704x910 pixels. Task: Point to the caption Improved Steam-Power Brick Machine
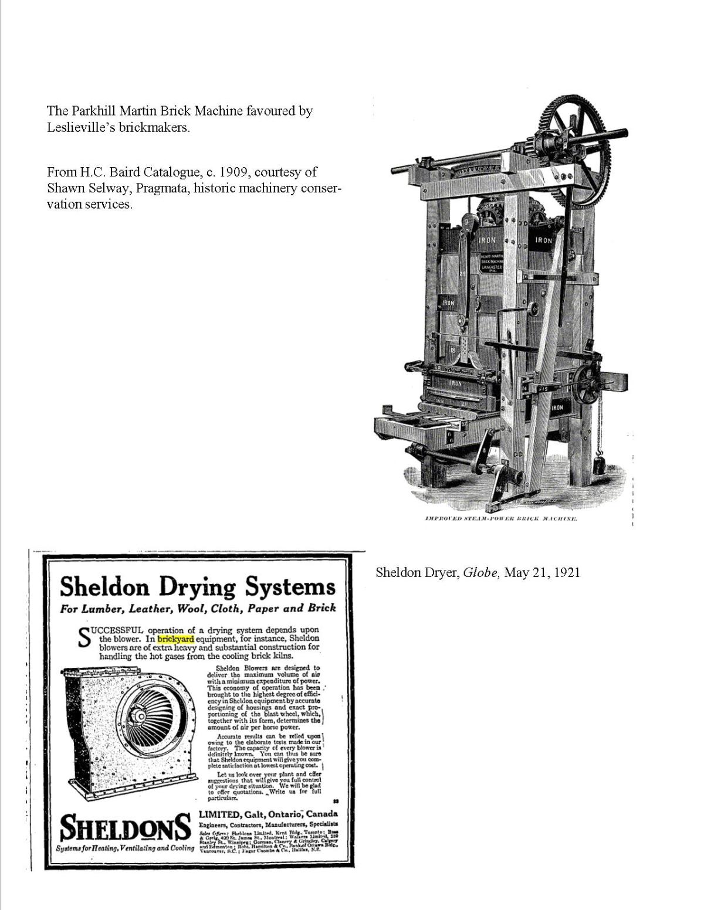point(501,519)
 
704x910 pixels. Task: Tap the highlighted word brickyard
point(175,639)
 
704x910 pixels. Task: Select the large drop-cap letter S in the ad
point(85,639)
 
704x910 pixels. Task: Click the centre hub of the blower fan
point(141,716)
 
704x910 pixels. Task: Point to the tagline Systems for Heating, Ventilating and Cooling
point(126,848)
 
